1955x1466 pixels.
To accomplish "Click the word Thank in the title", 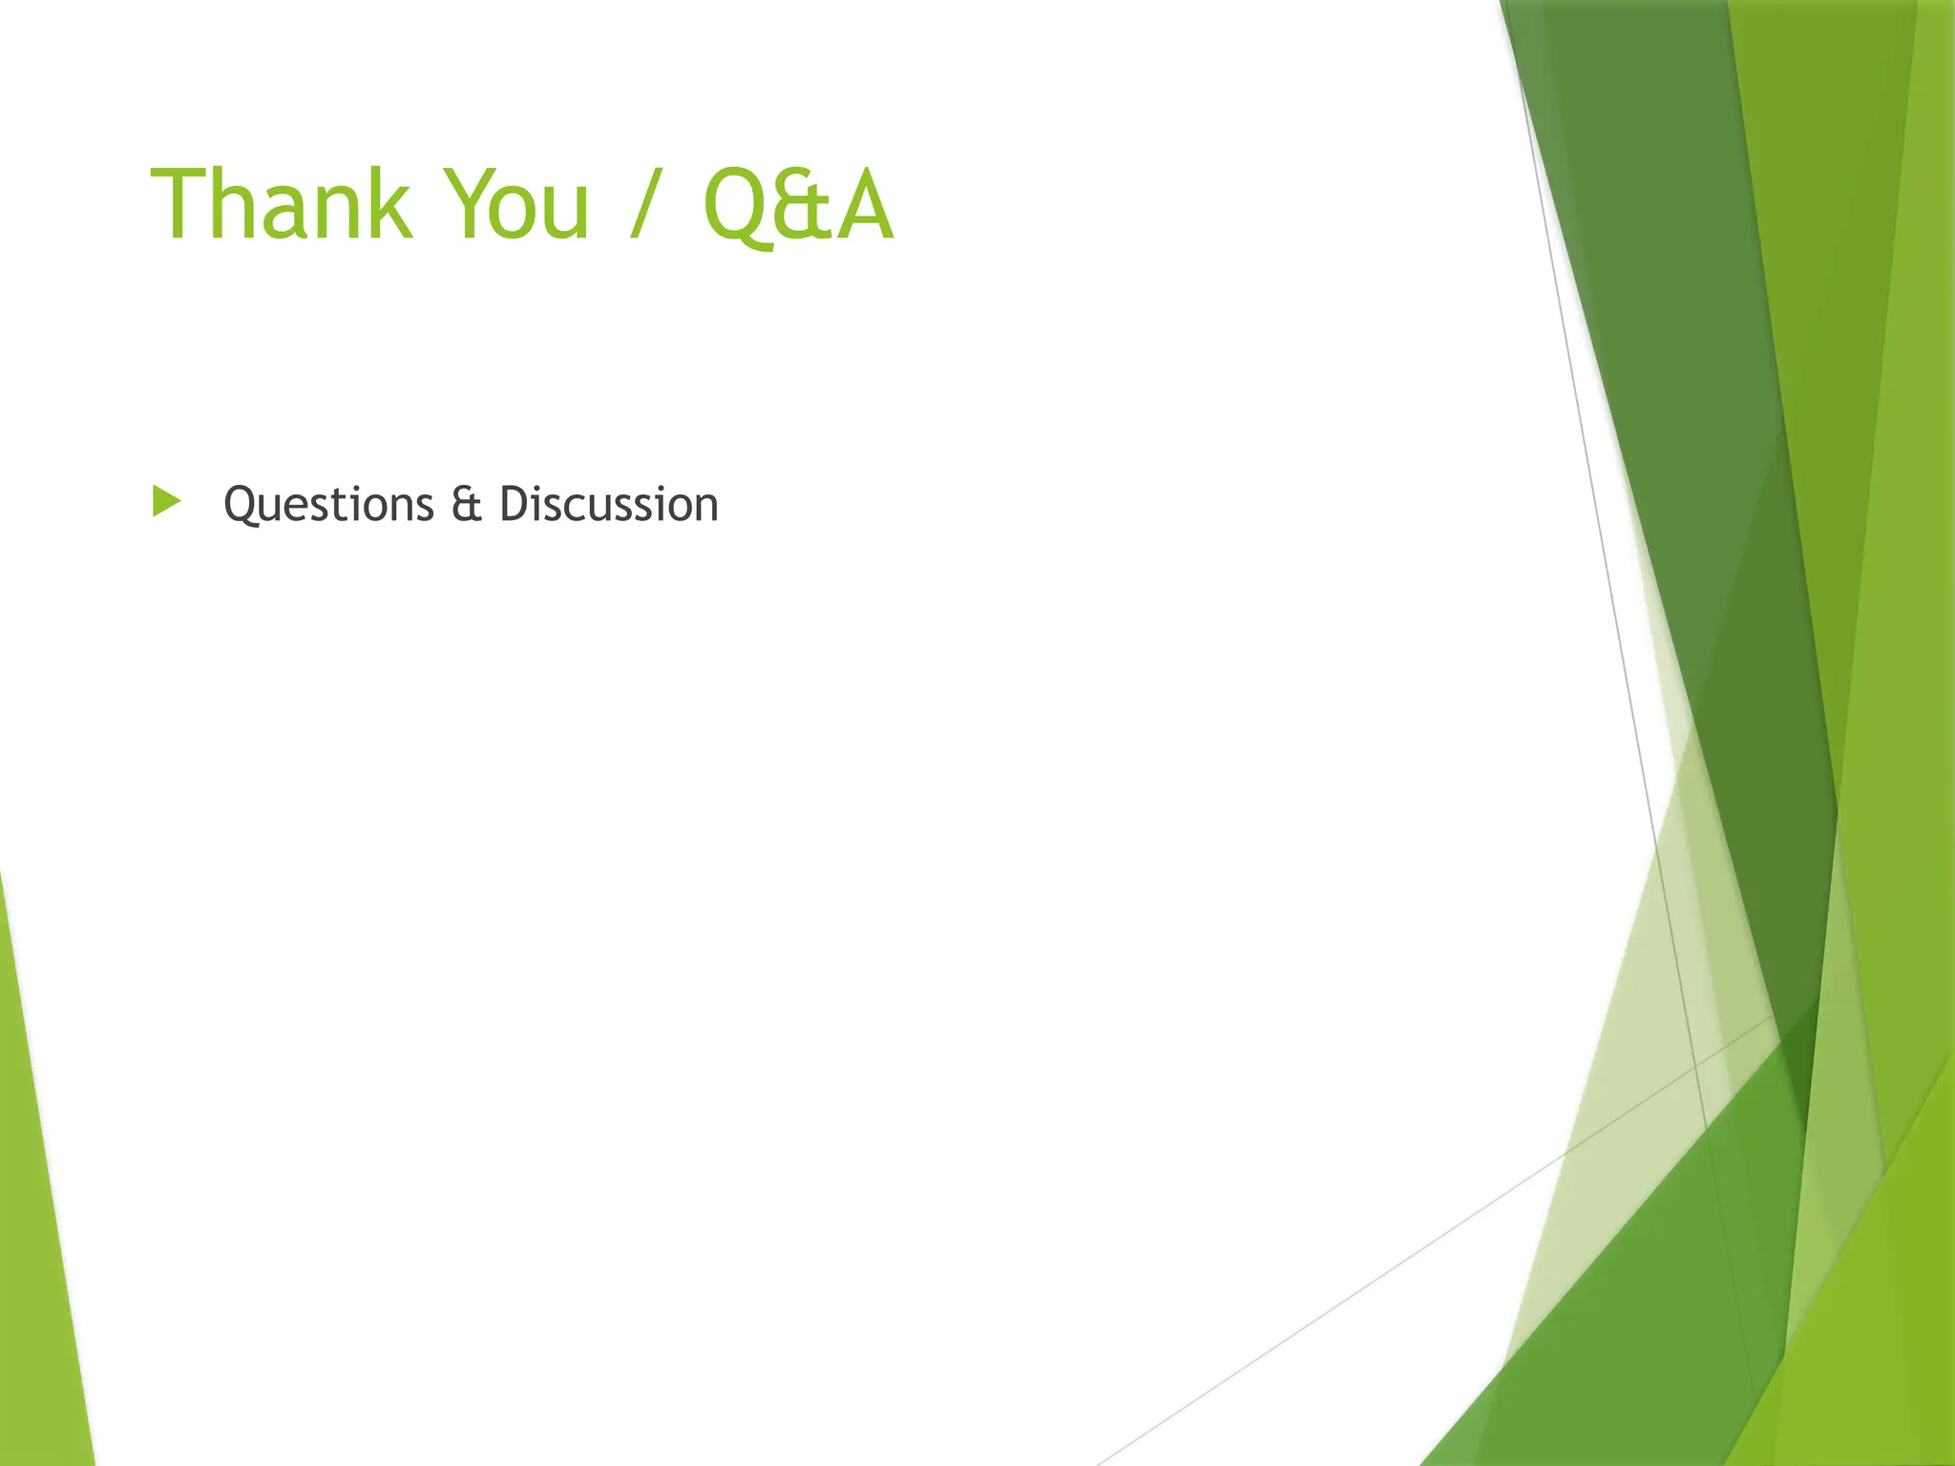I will point(282,204).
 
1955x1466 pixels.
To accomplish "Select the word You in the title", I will point(516,204).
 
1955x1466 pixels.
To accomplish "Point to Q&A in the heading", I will point(798,204).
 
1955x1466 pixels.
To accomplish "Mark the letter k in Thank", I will point(390,204).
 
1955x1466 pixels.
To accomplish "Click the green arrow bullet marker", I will point(166,501).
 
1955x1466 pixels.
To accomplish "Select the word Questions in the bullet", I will point(328,504).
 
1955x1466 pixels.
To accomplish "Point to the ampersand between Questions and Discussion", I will point(466,504).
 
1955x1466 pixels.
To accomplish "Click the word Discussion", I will point(608,504).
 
